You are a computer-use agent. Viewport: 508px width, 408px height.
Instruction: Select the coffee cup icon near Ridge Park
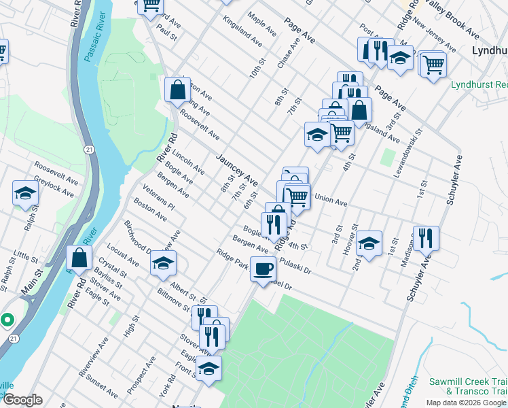point(263,269)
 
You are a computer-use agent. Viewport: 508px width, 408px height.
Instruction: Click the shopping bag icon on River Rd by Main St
point(79,258)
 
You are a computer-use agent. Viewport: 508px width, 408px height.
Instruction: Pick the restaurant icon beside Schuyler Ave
point(426,238)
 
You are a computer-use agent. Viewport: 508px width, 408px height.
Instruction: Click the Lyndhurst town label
point(489,51)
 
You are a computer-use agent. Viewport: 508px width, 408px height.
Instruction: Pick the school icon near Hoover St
point(368,243)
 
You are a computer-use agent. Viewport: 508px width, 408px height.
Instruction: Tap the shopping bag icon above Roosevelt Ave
point(177,90)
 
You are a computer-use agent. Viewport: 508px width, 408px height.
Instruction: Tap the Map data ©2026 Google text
point(467,403)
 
